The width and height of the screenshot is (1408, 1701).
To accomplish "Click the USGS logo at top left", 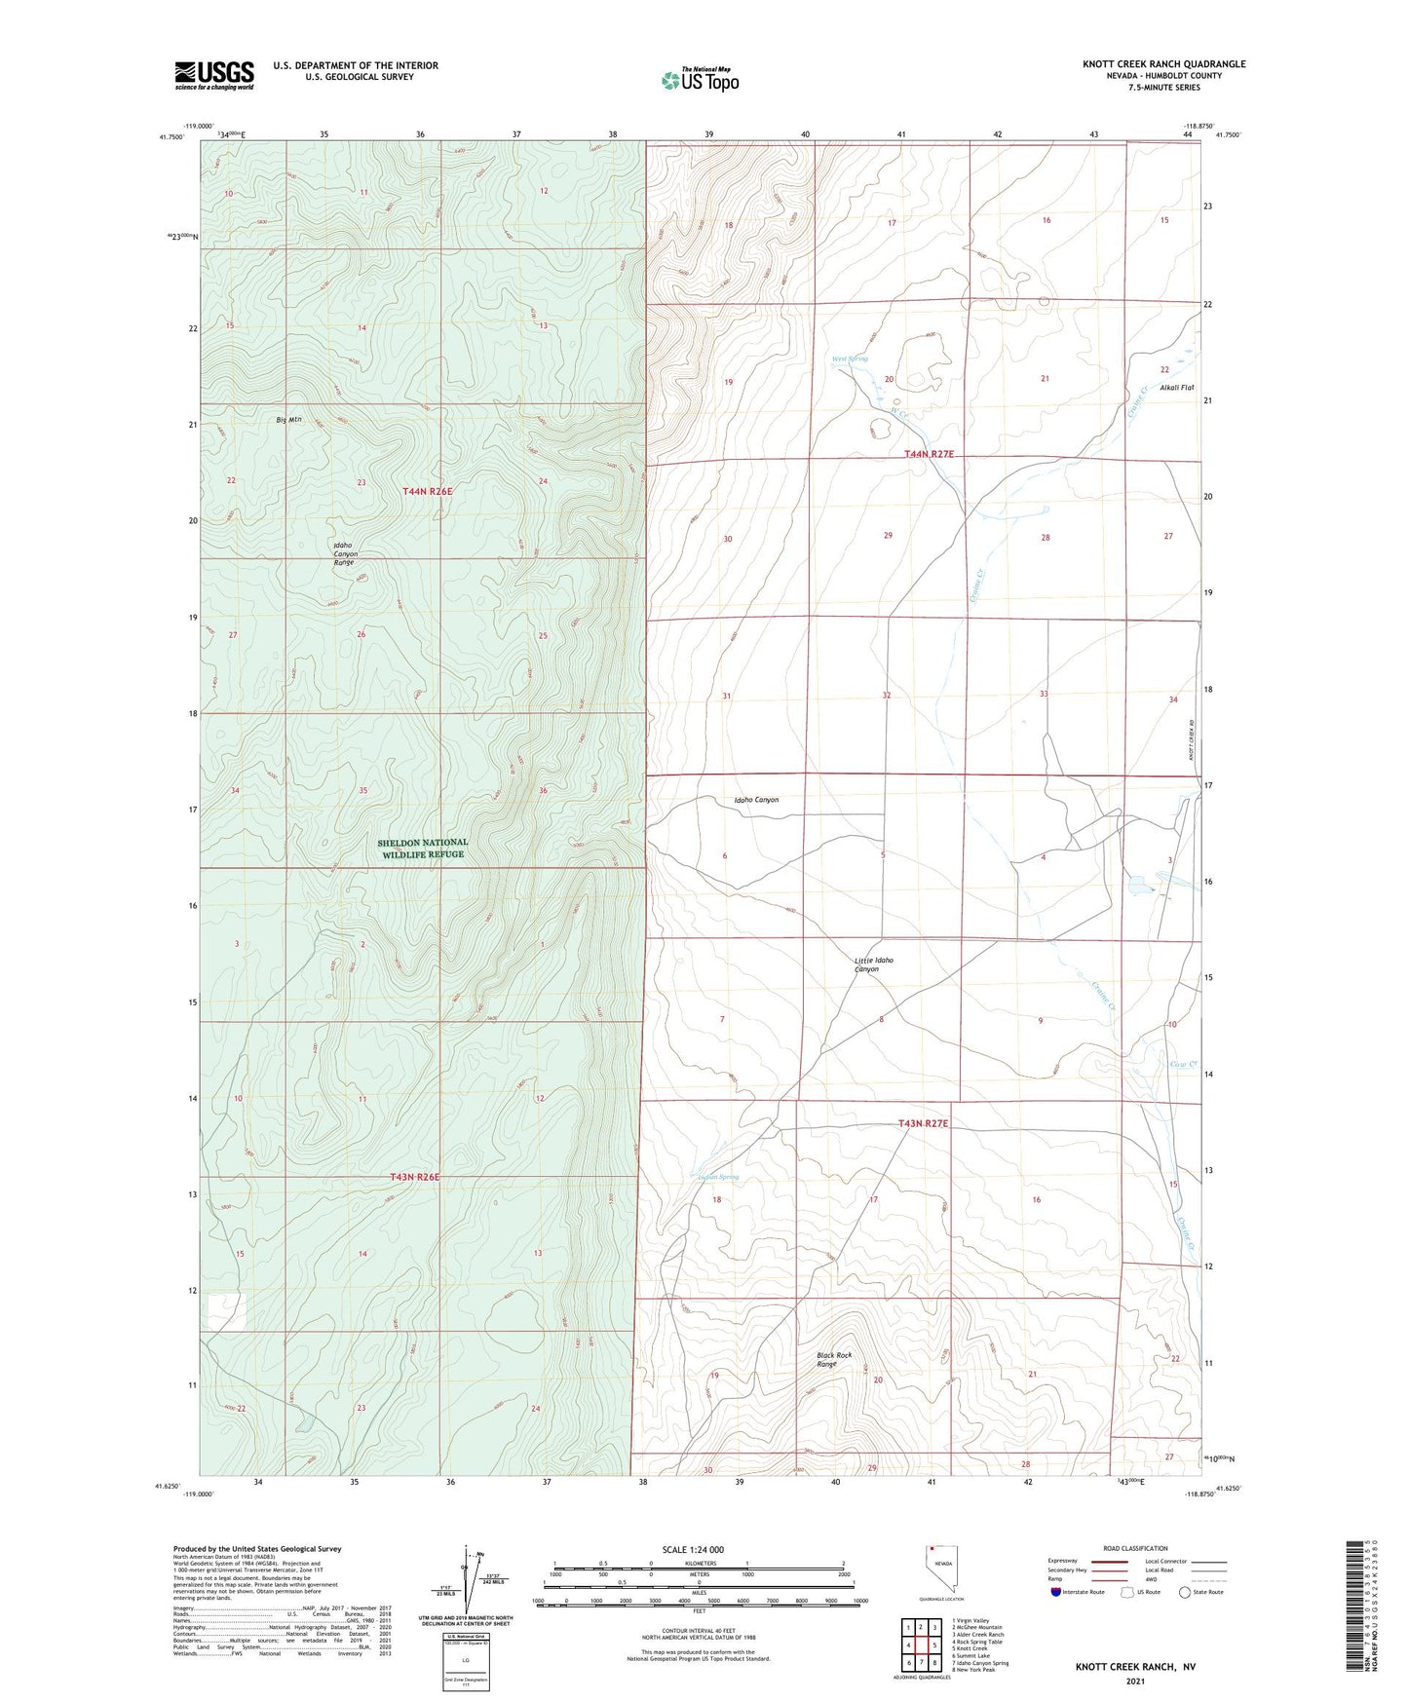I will coord(214,75).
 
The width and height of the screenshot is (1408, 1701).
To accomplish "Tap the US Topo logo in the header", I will coord(700,80).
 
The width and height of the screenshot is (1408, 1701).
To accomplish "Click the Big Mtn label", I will coord(289,420).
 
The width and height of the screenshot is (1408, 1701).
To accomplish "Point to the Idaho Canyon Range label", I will coord(343,553).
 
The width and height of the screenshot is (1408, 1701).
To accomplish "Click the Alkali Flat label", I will coord(1176,387).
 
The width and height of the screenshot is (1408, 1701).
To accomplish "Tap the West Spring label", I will coord(849,359).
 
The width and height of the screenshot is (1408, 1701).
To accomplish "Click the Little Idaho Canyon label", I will coord(873,964).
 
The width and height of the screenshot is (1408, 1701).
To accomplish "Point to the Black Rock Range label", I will coord(834,1359).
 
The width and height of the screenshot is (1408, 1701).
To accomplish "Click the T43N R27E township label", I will coord(923,1123).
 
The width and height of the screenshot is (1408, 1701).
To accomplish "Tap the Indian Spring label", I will coord(719,1177).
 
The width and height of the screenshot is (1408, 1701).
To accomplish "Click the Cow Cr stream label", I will coord(1183,1064).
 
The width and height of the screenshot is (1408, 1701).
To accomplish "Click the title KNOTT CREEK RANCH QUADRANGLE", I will coord(1163,64).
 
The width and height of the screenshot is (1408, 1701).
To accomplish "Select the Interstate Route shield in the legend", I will coord(1057,1593).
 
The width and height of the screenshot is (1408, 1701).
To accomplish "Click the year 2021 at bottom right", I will coord(1135,1680).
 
